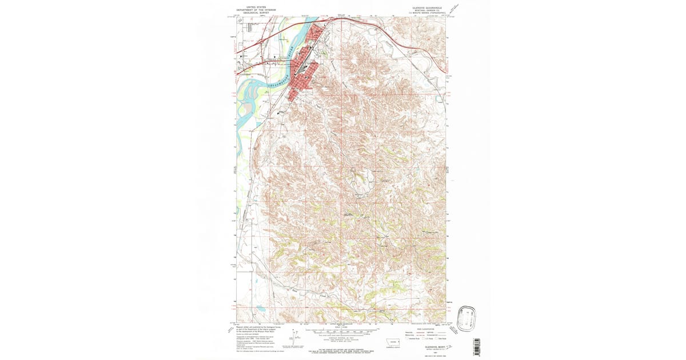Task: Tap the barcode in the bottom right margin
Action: click(x=477, y=346)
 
